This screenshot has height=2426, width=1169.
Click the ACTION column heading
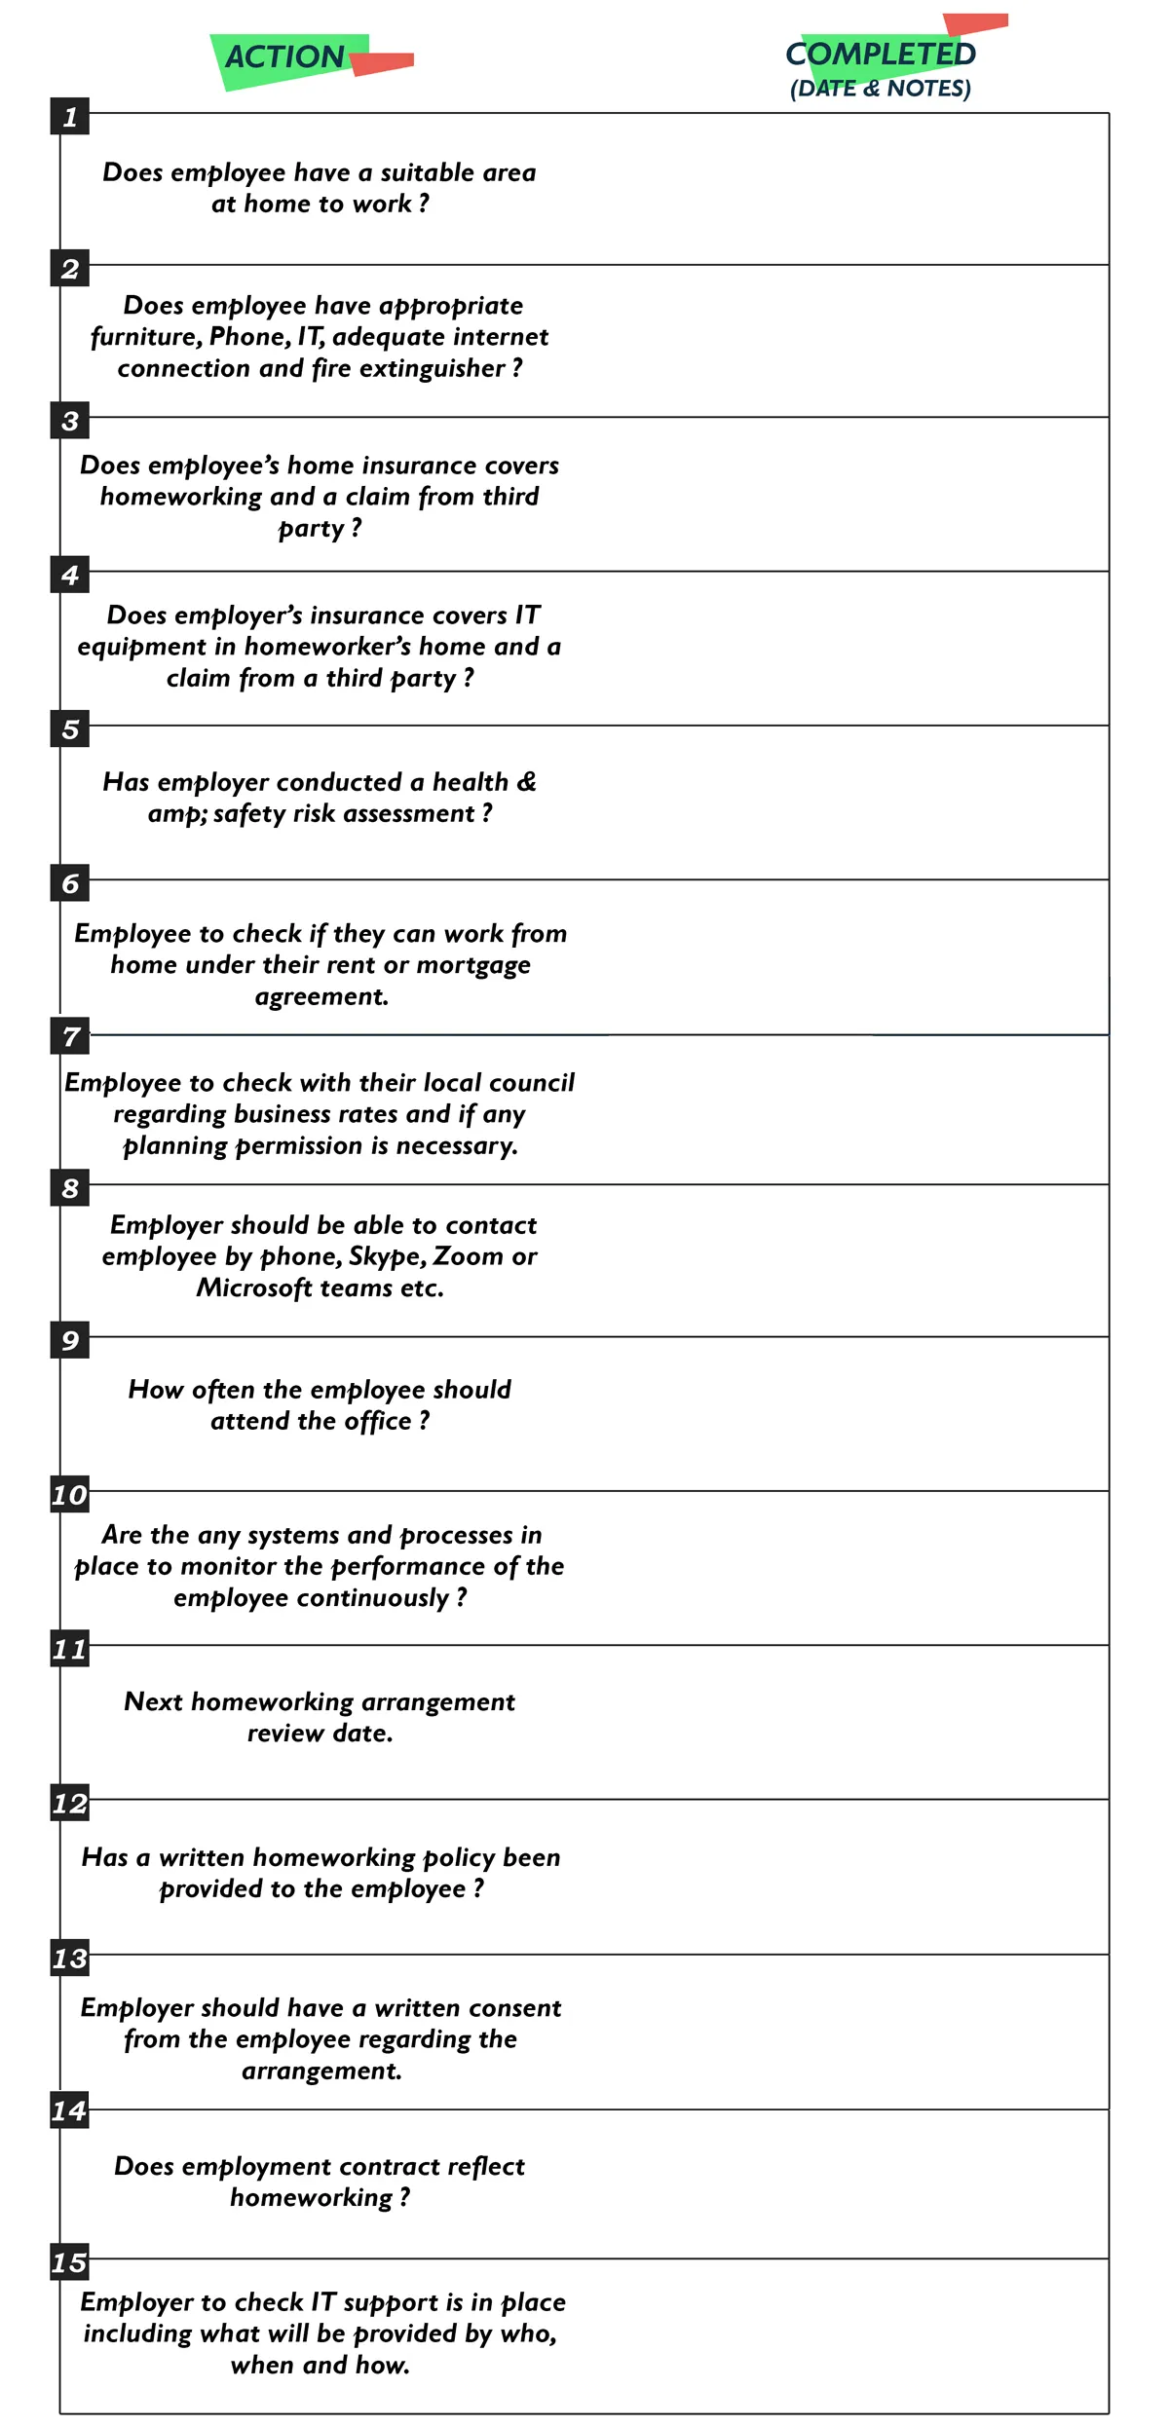click(x=284, y=57)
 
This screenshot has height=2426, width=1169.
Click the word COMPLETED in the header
click(x=880, y=55)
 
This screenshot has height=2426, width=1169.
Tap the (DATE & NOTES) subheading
click(x=880, y=89)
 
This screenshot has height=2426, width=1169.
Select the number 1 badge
click(x=70, y=117)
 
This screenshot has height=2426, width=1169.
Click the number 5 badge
click(x=70, y=728)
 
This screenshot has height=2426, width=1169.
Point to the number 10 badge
click(x=70, y=1495)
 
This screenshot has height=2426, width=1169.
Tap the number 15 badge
click(x=70, y=2262)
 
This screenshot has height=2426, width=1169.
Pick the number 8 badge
click(x=70, y=1188)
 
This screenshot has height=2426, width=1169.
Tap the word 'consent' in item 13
click(x=515, y=2008)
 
